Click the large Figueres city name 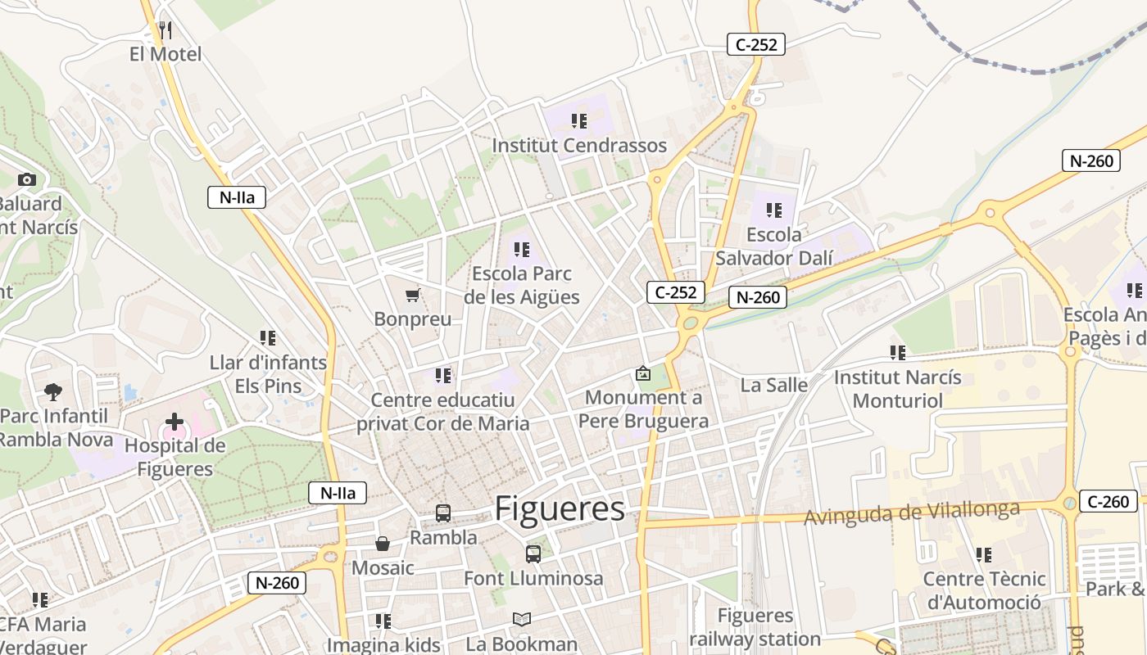[560, 509]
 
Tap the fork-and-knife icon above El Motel [165, 31]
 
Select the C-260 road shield [1109, 501]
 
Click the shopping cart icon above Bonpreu [413, 295]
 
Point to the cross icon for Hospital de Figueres [175, 422]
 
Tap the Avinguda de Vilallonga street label [912, 513]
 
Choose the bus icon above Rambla [443, 513]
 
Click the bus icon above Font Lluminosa [533, 554]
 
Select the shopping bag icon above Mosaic [383, 544]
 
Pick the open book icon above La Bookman [522, 620]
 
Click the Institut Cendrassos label [579, 146]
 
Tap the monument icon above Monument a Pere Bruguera [643, 373]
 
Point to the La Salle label [773, 385]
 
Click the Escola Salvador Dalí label [773, 246]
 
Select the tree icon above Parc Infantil [53, 392]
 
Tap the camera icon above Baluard [27, 180]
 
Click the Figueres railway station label [755, 627]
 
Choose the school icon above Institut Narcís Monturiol [898, 353]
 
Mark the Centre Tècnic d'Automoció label [984, 590]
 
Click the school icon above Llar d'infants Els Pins [268, 337]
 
